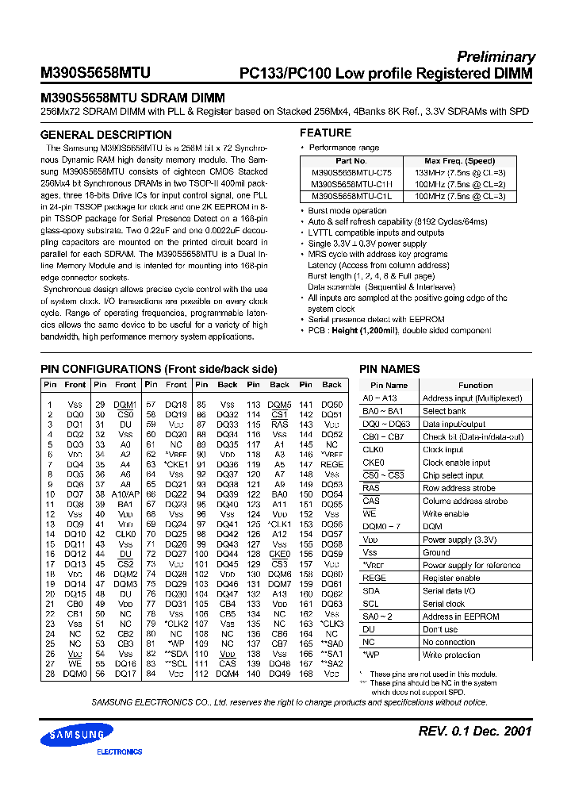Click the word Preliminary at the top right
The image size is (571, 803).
496,56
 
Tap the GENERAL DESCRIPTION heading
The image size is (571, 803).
105,135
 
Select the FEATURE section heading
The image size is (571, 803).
325,133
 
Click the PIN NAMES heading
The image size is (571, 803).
389,369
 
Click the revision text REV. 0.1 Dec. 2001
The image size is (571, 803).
474,731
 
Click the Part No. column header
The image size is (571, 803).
351,160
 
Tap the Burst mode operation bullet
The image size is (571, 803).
347,210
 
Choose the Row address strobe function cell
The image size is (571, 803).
461,488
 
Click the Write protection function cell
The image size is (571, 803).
453,655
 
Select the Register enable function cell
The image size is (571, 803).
452,578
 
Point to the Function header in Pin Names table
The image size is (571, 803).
475,385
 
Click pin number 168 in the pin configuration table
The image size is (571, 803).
305,674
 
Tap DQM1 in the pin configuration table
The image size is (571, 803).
125,404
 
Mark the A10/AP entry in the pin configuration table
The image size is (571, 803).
125,494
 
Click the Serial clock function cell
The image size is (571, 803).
444,604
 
